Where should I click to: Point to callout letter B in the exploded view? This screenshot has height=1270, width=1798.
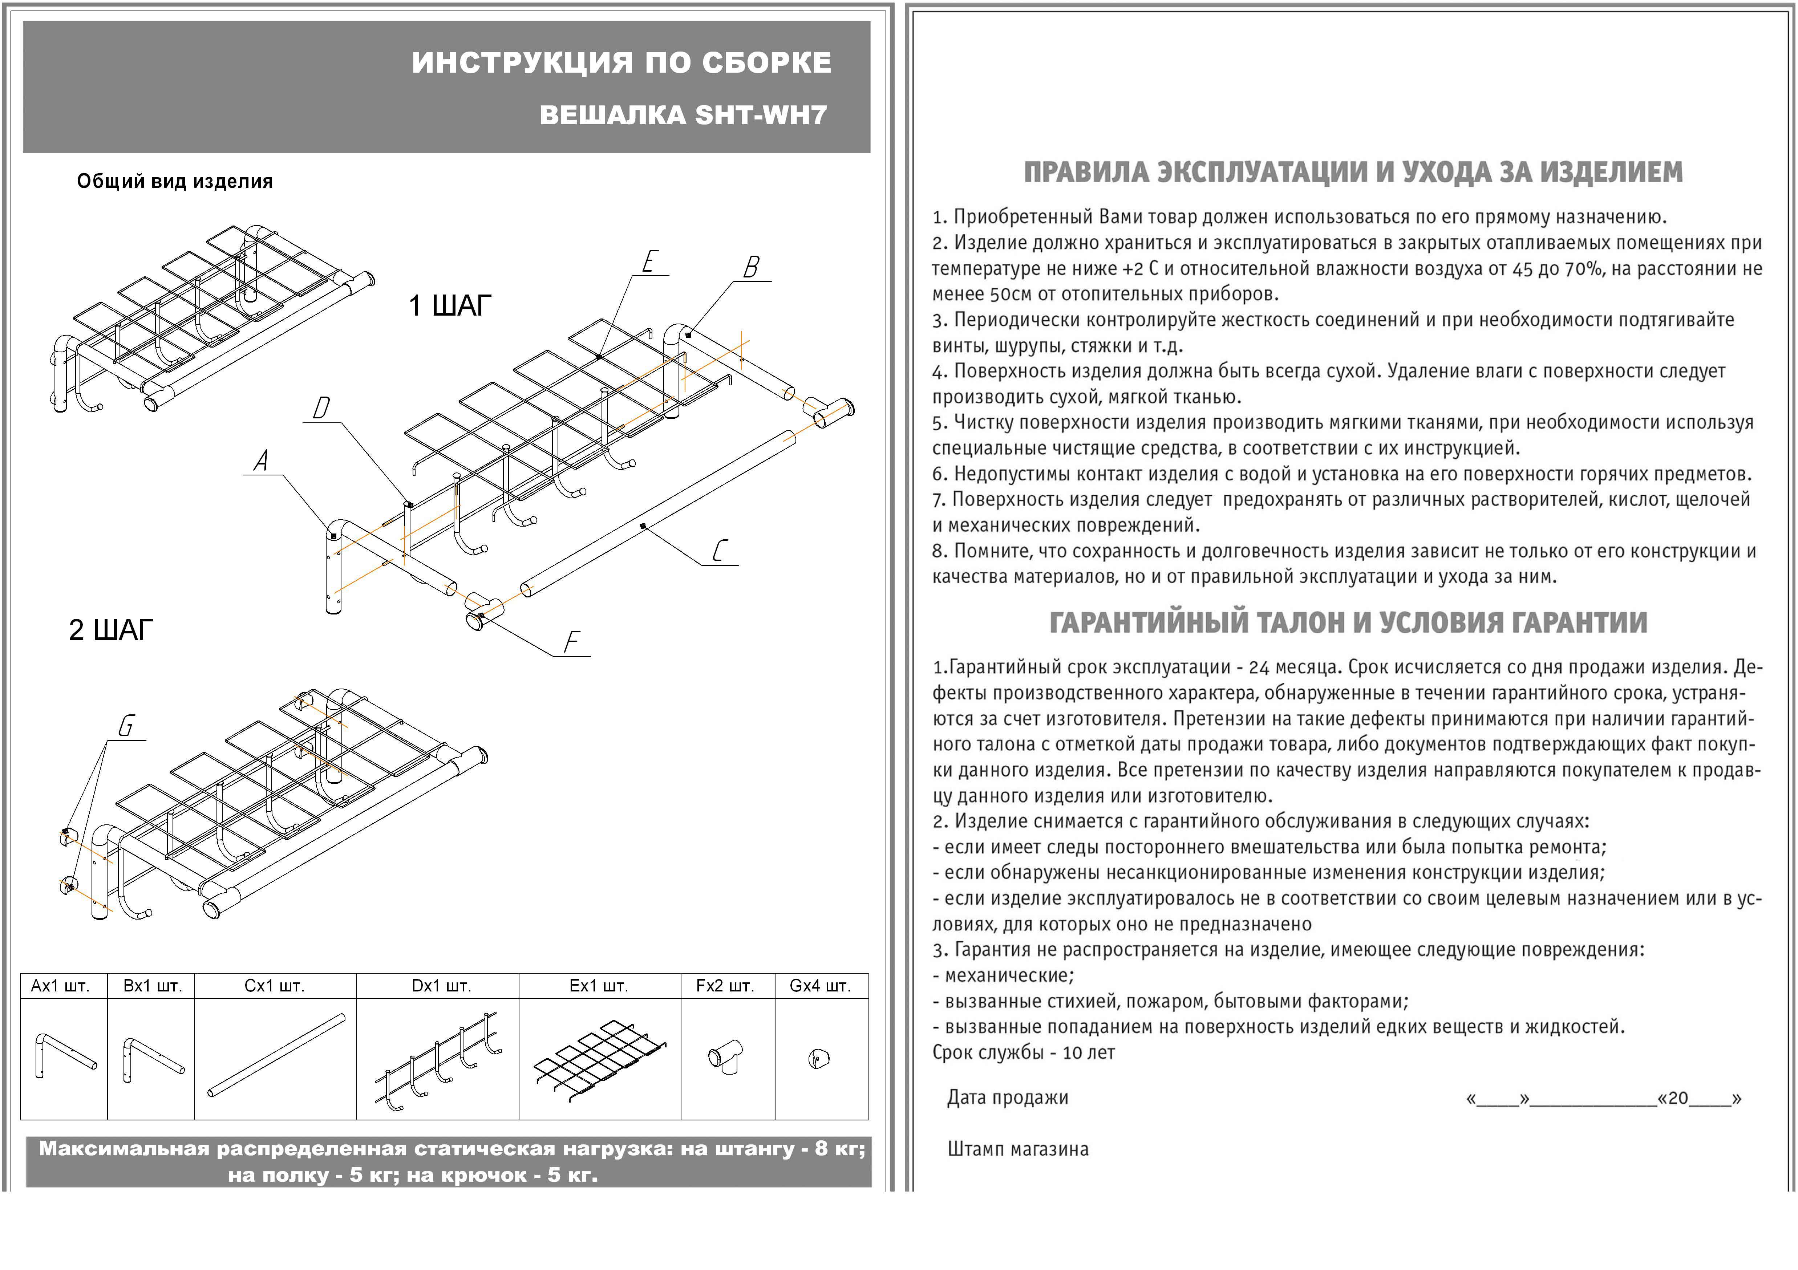(x=751, y=268)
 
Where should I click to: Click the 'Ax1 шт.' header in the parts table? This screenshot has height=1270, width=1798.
(x=60, y=986)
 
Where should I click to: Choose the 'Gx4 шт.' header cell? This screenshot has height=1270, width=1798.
(x=820, y=986)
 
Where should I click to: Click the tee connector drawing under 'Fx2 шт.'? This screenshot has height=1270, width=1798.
(x=726, y=1057)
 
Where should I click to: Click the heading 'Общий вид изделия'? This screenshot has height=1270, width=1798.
(x=175, y=182)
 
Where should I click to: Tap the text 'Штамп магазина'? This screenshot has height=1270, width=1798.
(x=1017, y=1149)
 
